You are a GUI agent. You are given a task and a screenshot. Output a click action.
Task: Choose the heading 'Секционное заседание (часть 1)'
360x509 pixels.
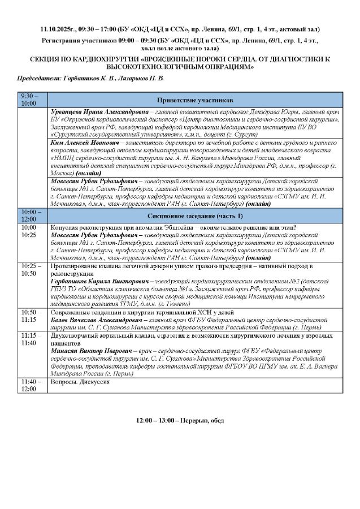197,215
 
